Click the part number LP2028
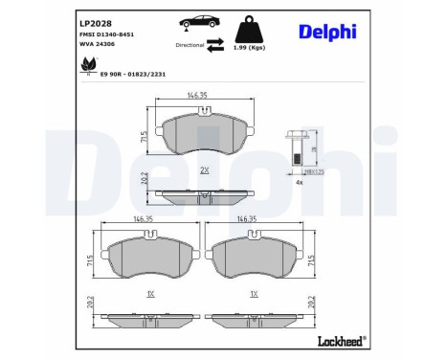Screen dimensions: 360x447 point(91,22)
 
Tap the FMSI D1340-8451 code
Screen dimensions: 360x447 point(104,34)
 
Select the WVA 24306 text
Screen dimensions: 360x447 point(95,44)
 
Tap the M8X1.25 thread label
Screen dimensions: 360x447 point(313,170)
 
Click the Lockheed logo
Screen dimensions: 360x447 point(340,342)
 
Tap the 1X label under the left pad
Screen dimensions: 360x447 point(150,295)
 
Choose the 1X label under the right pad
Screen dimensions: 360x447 point(254,295)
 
